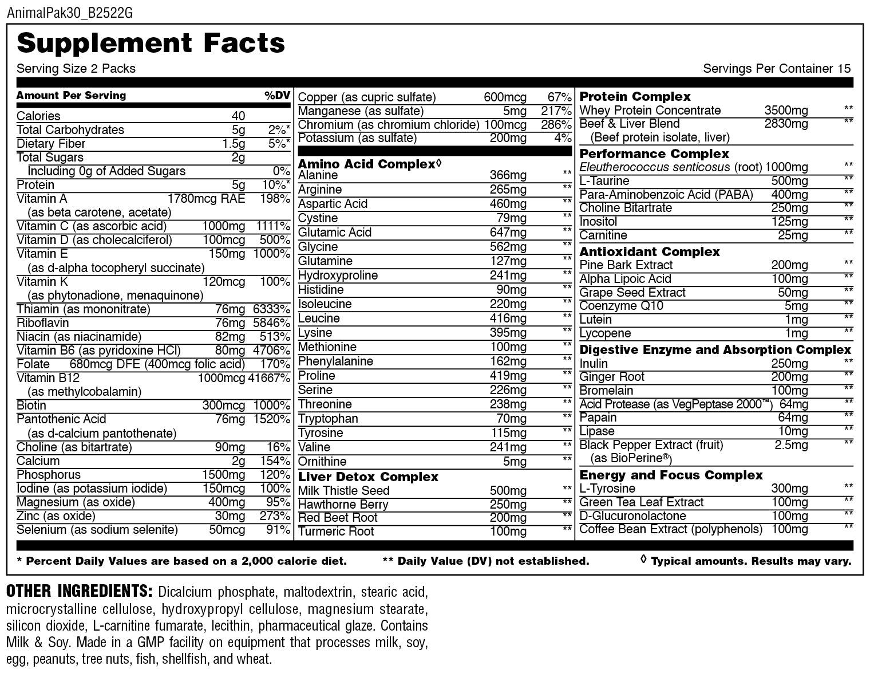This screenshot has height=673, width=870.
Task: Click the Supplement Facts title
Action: [x=151, y=43]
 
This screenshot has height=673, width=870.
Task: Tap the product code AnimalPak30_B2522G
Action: [x=70, y=13]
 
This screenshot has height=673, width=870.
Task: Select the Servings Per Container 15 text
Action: [x=777, y=69]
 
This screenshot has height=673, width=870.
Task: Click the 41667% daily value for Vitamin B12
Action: [x=269, y=378]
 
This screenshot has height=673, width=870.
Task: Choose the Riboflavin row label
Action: [x=43, y=323]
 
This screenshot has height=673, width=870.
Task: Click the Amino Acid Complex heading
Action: [x=367, y=164]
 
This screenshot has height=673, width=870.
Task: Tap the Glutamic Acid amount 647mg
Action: [x=508, y=233]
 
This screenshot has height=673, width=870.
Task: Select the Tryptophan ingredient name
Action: [x=328, y=419]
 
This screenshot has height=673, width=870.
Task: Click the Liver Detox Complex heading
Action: [x=368, y=477]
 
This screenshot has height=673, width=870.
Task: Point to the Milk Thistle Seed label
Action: [x=343, y=491]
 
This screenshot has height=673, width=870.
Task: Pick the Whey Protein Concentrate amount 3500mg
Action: [x=786, y=111]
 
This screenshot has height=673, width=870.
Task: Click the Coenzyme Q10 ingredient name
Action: [x=621, y=306]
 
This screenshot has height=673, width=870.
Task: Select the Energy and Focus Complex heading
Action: [x=671, y=475]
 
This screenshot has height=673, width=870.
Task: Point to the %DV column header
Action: [x=277, y=96]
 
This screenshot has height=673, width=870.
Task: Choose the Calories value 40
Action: [x=238, y=116]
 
